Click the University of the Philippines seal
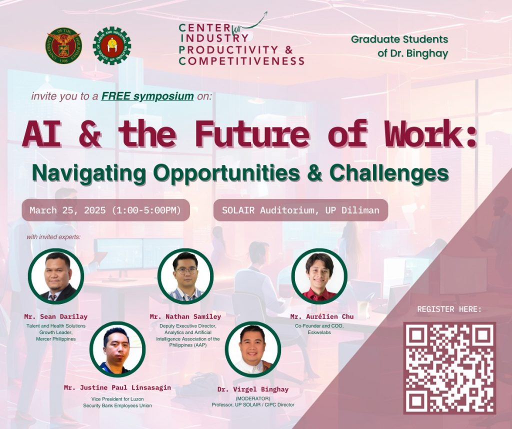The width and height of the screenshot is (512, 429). coord(63,45)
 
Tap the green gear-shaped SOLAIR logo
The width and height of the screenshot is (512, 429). coord(111,45)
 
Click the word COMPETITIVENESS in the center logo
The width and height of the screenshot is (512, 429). coord(241,61)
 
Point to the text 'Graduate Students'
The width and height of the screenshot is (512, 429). coord(399,39)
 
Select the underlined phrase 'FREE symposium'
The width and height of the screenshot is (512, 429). coord(147,96)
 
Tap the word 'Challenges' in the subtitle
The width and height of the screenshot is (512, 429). coord(389,173)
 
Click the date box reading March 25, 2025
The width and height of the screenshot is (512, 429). coord(106,210)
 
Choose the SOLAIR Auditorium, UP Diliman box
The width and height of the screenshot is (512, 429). coord(300,210)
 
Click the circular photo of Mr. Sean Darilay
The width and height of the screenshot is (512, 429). coord(56,276)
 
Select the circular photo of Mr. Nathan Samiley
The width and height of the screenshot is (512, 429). coord(185,276)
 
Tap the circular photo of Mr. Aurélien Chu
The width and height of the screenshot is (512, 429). coord(319,276)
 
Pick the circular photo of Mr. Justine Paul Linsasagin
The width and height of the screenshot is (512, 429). coord(117,349)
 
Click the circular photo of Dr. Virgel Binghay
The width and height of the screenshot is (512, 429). coord(252,349)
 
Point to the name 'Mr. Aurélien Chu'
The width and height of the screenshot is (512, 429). coord(322,316)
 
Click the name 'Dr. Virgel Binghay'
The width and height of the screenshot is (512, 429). coord(253,389)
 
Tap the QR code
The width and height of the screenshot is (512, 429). coord(449,368)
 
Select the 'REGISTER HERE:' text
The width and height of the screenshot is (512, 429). coord(449,309)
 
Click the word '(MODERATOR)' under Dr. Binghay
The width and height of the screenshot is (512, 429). coord(253,398)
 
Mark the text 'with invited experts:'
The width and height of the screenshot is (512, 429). coord(53,236)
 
